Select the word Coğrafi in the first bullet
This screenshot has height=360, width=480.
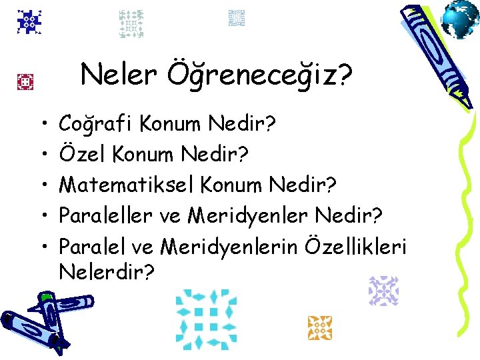tap(97, 123)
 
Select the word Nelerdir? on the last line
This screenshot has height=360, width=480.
tap(106, 272)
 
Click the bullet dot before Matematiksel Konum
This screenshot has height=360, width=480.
tap(43, 185)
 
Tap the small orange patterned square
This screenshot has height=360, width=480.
tap(319, 327)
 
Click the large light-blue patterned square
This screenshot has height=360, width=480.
tap(206, 319)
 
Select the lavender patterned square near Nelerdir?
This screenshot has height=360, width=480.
tap(383, 291)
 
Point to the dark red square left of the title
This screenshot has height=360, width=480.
tap(26, 82)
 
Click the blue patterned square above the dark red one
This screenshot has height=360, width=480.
tap(30, 23)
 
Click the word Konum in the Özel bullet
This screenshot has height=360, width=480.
tap(148, 153)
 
